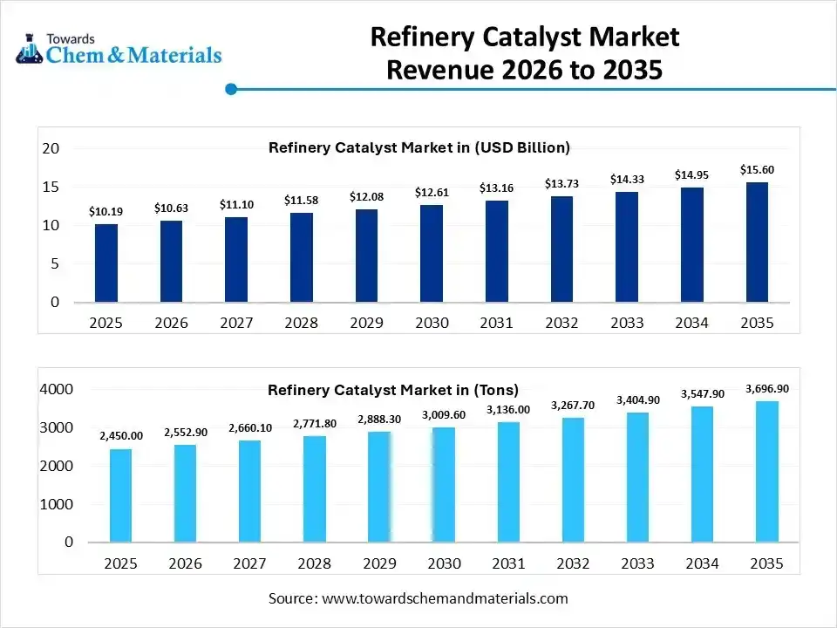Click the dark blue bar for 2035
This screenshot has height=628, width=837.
[x=756, y=242]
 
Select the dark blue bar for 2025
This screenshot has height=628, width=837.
[x=106, y=263]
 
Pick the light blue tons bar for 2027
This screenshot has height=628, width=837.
[x=250, y=490]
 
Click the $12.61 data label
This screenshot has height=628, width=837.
[x=432, y=192]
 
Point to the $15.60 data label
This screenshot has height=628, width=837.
[x=757, y=169]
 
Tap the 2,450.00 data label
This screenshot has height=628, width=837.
[x=120, y=435]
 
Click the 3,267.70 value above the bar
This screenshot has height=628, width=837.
[x=573, y=405]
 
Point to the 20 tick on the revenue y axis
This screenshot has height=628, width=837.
[x=51, y=148]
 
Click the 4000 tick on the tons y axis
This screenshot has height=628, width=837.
[x=57, y=389]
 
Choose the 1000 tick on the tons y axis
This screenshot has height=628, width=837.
[x=57, y=504]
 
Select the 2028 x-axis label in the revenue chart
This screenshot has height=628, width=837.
[x=301, y=323]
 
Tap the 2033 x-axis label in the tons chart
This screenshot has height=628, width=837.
[x=637, y=563]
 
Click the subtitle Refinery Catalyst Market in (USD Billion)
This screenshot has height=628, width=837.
[x=418, y=147]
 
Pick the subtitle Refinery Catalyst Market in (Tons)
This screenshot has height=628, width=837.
[x=392, y=390]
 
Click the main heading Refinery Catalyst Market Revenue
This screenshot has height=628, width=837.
[x=524, y=53]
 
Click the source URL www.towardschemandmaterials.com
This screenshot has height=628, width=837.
[x=445, y=598]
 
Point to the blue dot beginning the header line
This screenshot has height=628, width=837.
[x=231, y=89]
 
